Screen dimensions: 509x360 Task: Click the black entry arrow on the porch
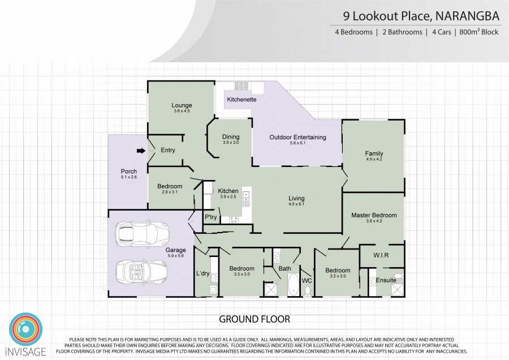141,151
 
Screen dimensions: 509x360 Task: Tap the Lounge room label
182,105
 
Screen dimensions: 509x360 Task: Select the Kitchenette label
241,100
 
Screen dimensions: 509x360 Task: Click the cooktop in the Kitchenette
241,86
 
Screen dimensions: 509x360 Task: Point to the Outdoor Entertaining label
297,137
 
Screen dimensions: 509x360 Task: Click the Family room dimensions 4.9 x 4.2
374,159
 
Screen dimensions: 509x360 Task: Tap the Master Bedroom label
374,215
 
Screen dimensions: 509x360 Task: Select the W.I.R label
381,255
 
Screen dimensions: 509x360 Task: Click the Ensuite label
386,280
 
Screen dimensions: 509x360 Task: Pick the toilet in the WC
308,291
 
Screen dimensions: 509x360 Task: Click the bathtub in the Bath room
293,284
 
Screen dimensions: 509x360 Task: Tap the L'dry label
203,273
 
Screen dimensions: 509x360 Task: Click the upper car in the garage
142,233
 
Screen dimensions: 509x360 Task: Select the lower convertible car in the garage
142,271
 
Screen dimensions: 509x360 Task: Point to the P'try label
211,217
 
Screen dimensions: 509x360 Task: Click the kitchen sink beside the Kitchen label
247,199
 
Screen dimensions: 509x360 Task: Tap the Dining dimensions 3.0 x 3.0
231,143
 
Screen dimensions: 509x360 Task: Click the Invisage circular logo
25,329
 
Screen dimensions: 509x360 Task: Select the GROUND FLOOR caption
255,319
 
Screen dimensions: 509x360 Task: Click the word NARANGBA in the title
467,16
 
